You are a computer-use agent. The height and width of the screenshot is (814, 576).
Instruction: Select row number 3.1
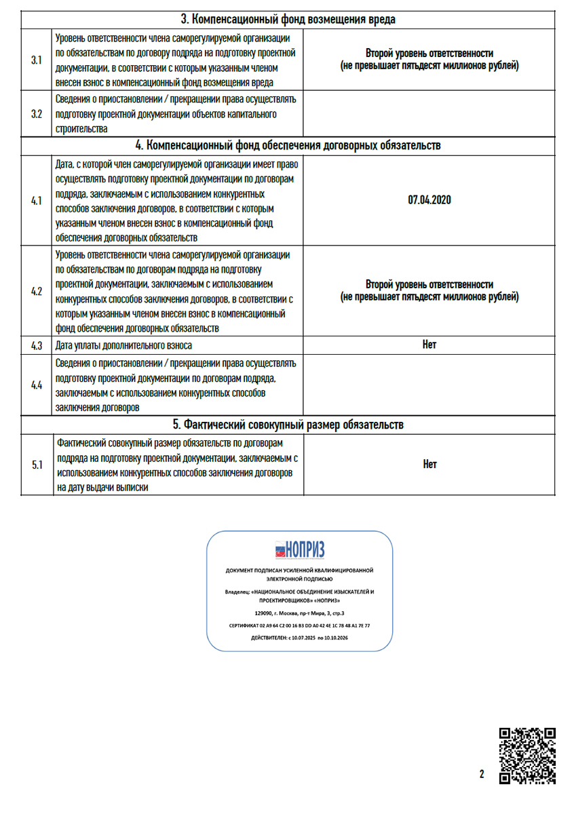click(37, 60)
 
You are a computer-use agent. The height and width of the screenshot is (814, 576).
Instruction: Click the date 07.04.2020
click(429, 200)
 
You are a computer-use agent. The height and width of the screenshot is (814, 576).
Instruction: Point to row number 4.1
click(37, 200)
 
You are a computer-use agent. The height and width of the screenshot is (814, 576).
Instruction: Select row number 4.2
click(37, 291)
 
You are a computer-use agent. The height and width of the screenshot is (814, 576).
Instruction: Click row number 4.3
click(37, 345)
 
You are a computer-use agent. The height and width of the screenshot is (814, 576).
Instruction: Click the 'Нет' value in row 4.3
click(429, 345)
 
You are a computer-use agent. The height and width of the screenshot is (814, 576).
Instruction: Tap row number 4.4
click(37, 385)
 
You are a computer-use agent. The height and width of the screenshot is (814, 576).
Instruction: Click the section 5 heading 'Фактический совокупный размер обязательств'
click(288, 425)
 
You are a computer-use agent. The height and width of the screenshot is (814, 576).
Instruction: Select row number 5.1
click(37, 465)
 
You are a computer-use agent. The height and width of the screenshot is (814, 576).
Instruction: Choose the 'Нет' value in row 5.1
click(429, 465)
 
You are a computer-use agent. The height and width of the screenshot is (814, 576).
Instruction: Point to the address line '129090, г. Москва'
click(299, 613)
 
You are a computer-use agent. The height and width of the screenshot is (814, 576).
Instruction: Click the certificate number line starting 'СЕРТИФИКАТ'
click(299, 625)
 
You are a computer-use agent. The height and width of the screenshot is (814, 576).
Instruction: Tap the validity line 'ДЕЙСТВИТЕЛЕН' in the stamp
click(299, 638)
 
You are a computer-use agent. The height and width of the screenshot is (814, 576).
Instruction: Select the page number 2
click(482, 775)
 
